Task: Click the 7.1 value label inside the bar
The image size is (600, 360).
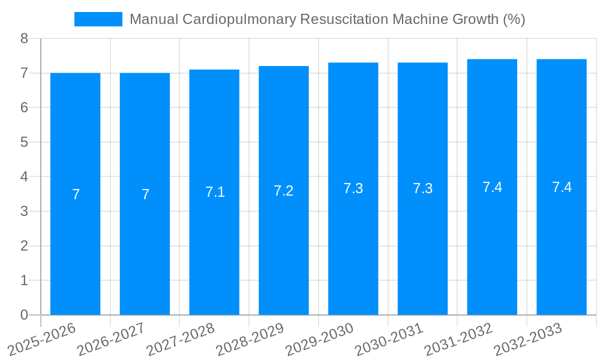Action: tap(215, 192)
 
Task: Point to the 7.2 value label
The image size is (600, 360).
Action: tap(283, 191)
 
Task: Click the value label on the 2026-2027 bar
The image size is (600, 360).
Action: tap(145, 194)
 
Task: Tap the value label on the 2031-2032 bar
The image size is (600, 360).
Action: tap(492, 187)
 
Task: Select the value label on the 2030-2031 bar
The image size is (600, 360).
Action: tap(422, 188)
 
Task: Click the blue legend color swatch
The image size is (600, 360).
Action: tap(98, 19)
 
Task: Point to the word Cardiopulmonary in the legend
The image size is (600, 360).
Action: tap(238, 19)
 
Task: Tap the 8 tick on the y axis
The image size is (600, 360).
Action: tap(24, 38)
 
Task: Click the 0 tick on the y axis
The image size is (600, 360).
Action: tap(24, 315)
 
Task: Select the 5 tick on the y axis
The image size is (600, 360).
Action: tap(24, 142)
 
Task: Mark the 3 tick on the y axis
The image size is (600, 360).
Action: tap(24, 211)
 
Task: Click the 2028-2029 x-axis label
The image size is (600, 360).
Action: tap(250, 339)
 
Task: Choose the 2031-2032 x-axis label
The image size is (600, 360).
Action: tap(459, 339)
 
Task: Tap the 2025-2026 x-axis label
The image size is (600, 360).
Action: tap(42, 339)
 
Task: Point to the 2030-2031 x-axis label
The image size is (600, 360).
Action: tap(389, 339)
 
